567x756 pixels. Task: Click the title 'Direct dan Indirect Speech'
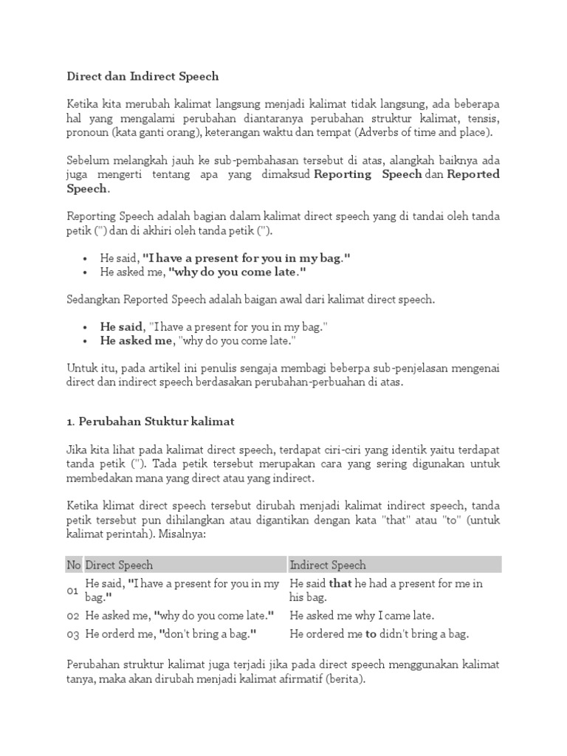coord(142,76)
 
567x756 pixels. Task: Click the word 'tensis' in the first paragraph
coord(482,118)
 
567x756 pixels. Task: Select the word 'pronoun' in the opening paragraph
coord(88,132)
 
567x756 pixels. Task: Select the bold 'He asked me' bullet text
coord(136,340)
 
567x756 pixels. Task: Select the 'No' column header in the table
coord(74,565)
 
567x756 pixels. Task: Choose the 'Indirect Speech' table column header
coord(328,565)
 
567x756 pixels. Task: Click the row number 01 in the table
coord(73,590)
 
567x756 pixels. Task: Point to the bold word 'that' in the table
coord(340,584)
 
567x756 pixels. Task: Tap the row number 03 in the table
coord(73,633)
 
